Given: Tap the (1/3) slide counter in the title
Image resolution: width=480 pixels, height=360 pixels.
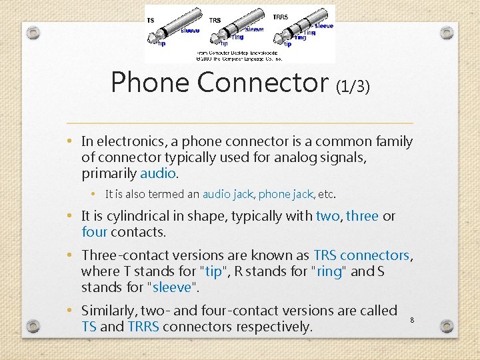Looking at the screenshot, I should (353, 86).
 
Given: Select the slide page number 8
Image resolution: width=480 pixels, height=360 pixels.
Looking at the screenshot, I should (413, 321).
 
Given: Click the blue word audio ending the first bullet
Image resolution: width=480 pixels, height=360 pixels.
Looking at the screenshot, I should (158, 173).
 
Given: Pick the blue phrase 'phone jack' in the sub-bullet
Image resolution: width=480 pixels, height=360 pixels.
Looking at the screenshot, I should (285, 195).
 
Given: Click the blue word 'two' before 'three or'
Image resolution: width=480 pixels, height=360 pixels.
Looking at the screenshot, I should (327, 216).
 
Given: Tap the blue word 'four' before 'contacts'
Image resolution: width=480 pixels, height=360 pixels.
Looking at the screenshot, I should (94, 232).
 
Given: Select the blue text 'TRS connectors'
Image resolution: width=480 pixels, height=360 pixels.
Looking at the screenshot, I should (361, 255).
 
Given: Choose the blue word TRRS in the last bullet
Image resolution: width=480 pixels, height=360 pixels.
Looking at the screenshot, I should (143, 327).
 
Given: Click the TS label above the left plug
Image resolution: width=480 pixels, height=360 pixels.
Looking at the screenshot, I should (151, 20).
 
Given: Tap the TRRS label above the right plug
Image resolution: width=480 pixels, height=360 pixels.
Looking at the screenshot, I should (281, 17).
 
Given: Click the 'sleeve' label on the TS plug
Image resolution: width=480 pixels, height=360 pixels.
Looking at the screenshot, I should (190, 31).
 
